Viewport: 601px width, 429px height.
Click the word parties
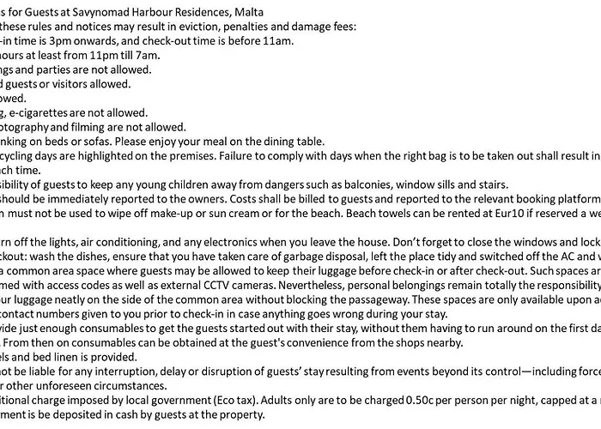coord(58,69)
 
